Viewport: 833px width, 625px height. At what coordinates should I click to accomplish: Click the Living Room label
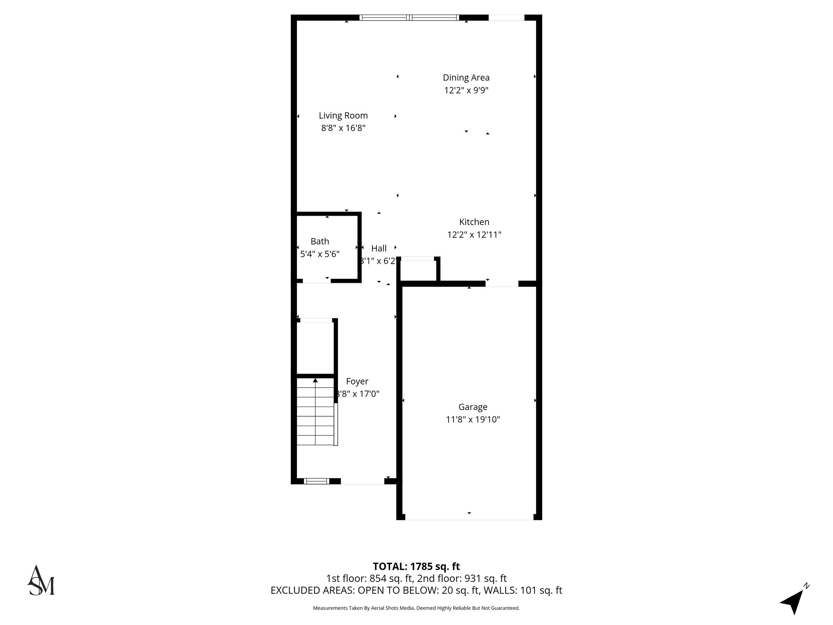click(343, 116)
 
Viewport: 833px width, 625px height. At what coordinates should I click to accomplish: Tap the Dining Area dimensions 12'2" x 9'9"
click(466, 90)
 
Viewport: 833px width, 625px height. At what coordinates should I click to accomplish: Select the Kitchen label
click(474, 222)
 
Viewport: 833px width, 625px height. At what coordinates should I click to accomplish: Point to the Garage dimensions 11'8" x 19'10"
click(473, 420)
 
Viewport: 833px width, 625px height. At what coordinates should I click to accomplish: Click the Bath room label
click(320, 241)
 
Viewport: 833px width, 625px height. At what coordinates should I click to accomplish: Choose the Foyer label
click(357, 381)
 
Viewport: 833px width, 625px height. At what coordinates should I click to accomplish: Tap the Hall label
click(379, 248)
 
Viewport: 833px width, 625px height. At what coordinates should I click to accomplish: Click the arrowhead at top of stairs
click(315, 380)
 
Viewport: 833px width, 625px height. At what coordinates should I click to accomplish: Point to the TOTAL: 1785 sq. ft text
click(416, 566)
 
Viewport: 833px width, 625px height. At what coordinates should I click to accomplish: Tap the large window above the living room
click(409, 17)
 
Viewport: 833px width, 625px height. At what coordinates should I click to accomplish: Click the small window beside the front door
click(317, 481)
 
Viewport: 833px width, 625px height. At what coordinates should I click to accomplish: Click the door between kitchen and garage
click(502, 284)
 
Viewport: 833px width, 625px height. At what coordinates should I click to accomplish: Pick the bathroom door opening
click(316, 281)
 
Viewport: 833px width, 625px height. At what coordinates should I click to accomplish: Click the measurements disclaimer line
click(416, 608)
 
